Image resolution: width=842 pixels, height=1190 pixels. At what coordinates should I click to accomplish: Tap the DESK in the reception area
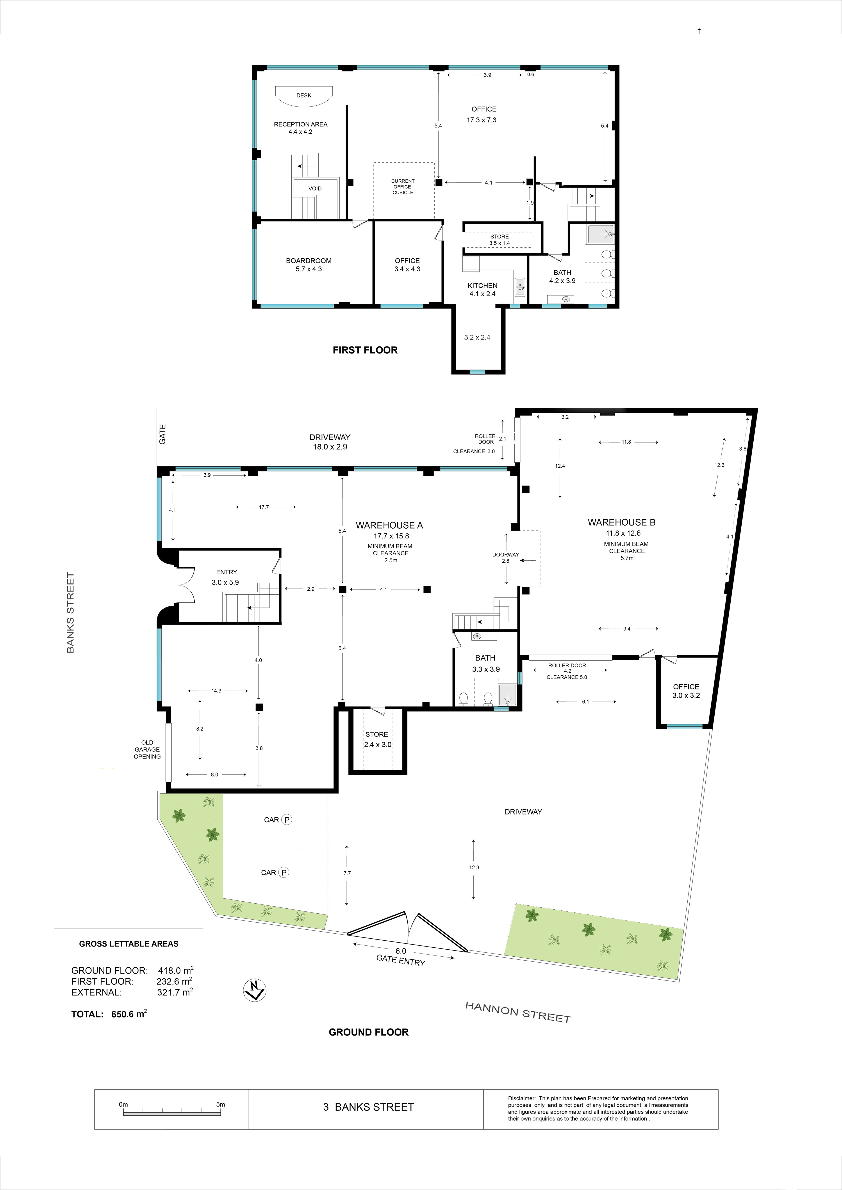[304, 96]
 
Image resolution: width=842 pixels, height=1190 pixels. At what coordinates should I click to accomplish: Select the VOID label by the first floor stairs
[315, 188]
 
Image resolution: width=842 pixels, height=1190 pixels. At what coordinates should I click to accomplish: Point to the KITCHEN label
[482, 286]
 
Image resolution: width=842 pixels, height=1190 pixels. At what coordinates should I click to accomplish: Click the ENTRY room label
[227, 572]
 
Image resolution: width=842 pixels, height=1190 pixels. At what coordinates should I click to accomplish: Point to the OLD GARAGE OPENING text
[147, 750]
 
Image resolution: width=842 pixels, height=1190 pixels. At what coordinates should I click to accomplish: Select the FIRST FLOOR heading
[365, 350]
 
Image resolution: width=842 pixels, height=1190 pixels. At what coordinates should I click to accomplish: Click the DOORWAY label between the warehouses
[505, 555]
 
